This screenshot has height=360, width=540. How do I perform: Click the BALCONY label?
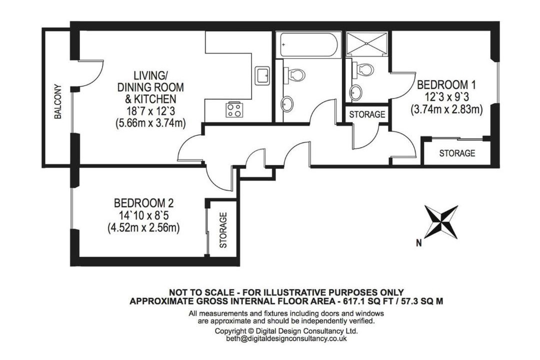click(58, 101)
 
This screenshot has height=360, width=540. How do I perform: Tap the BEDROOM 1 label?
click(446, 84)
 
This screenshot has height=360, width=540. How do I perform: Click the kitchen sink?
click(262, 75)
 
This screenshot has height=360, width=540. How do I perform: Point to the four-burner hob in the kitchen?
click(234, 109)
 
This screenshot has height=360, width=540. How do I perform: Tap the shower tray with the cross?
click(367, 44)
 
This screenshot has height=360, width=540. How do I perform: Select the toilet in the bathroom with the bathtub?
click(294, 74)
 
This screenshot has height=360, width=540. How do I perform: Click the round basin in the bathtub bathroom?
click(287, 104)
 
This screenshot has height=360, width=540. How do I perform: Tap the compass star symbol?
click(441, 222)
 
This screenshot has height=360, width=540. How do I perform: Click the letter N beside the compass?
click(419, 243)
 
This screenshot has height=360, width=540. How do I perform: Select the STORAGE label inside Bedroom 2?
click(223, 230)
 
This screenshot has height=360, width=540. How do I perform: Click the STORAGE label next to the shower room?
click(367, 114)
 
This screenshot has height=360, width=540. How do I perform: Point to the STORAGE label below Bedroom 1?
click(457, 153)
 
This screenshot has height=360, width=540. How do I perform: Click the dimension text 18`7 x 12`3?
click(151, 111)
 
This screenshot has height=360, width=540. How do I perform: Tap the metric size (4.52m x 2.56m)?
click(143, 228)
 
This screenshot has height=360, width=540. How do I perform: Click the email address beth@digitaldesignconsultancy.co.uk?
click(286, 338)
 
